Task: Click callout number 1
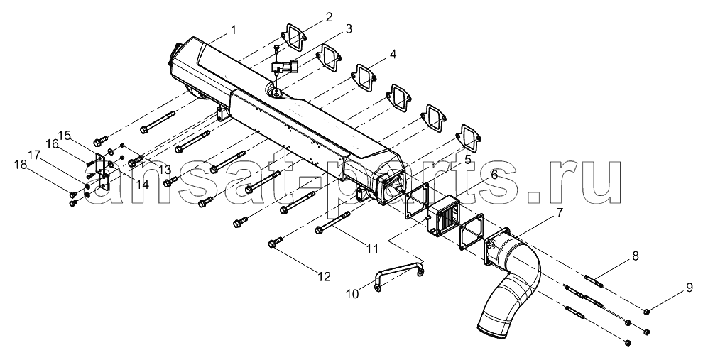pyautogui.click(x=233, y=31)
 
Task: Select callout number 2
pyautogui.click(x=329, y=18)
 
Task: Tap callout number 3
pyautogui.click(x=348, y=30)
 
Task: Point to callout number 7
pyautogui.click(x=560, y=212)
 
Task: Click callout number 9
pyautogui.click(x=689, y=288)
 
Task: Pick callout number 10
pyautogui.click(x=352, y=294)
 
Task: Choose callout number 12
pyautogui.click(x=325, y=276)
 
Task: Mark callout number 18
pyautogui.click(x=20, y=165)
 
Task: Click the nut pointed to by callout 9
pyautogui.click(x=646, y=311)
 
